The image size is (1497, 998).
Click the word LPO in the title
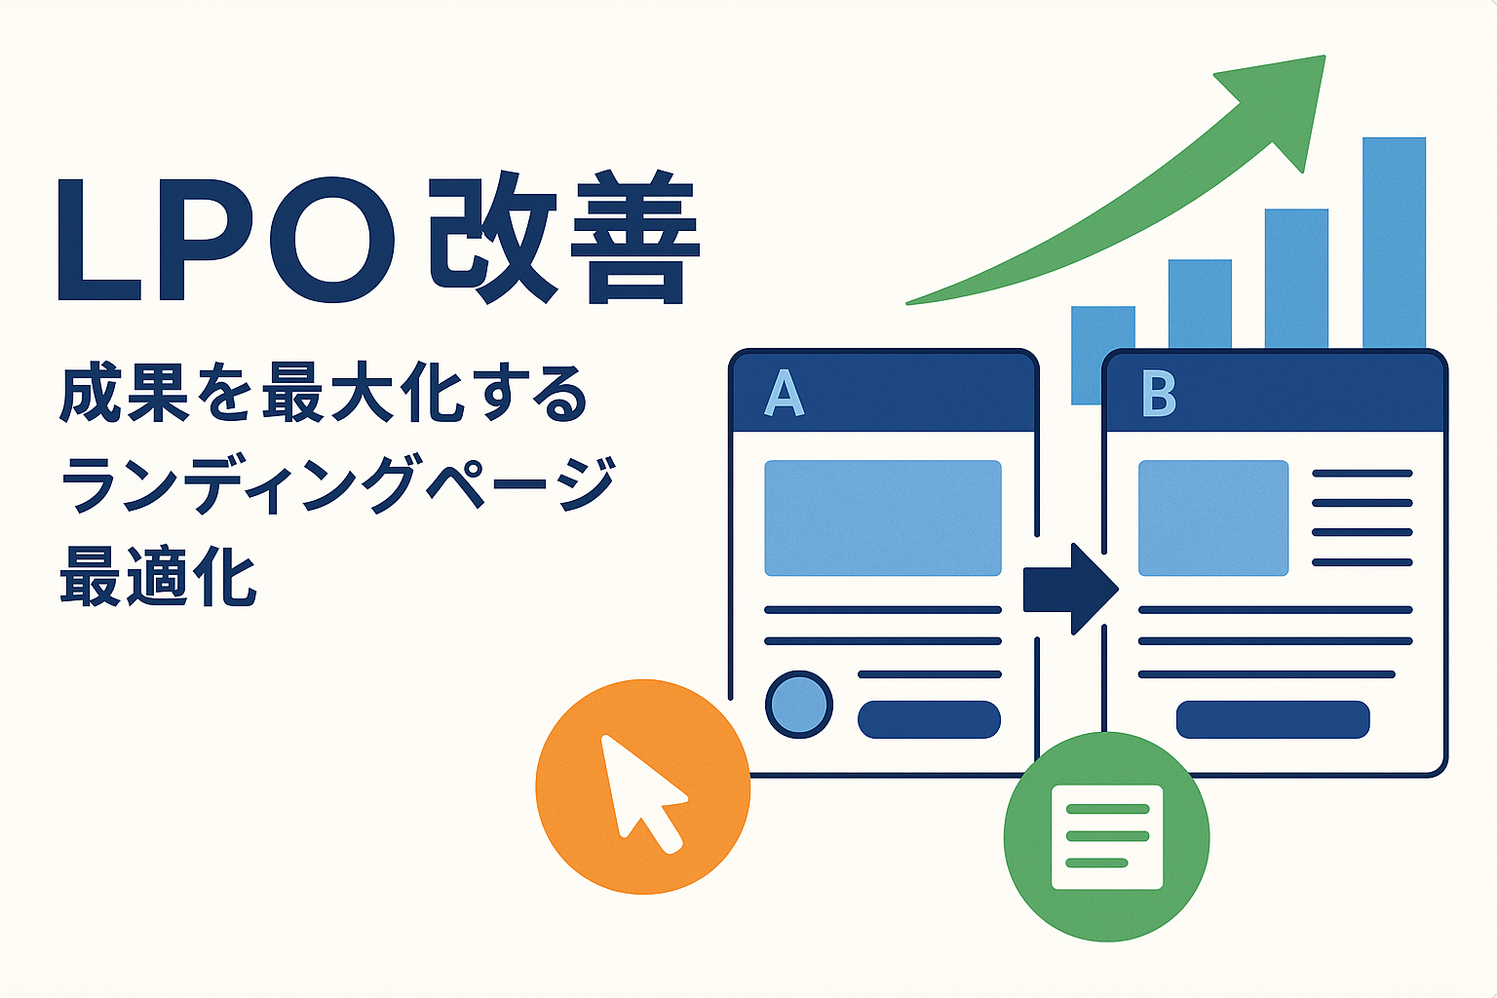(225, 240)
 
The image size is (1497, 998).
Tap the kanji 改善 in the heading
(564, 238)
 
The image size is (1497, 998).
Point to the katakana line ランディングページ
(337, 483)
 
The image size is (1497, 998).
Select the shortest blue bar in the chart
(1102, 355)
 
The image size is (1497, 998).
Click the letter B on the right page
(1158, 394)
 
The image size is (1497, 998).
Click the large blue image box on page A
(883, 518)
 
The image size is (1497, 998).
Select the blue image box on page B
(1213, 518)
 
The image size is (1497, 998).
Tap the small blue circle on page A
(798, 705)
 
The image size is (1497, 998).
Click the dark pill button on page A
(929, 719)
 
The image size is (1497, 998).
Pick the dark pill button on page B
(1273, 719)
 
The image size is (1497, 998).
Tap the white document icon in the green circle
(1107, 837)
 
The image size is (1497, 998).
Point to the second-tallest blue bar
(1296, 279)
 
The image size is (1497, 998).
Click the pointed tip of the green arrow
(1324, 57)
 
